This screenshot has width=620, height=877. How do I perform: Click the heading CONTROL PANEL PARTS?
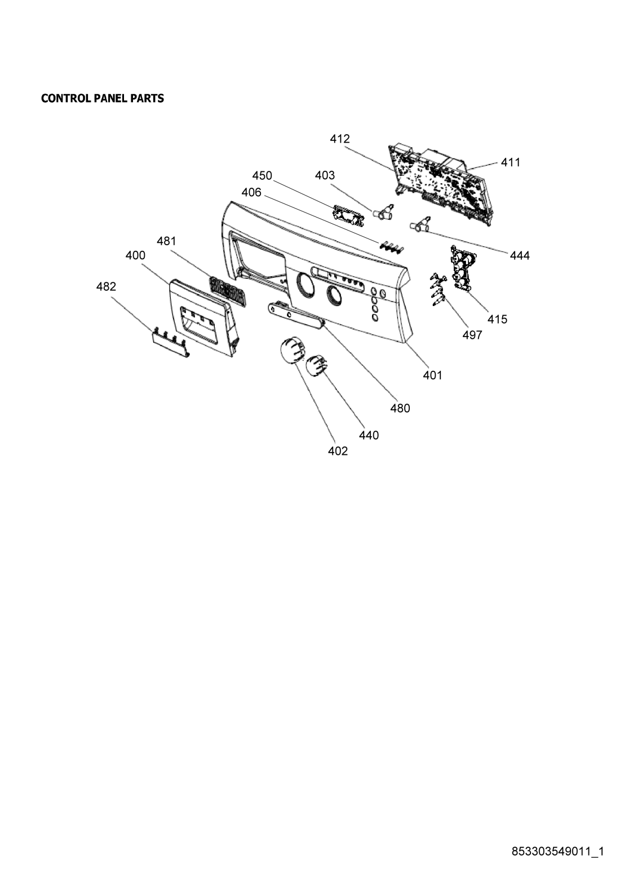(x=103, y=98)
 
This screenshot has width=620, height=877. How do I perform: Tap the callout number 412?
(x=340, y=139)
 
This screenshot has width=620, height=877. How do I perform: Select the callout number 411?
(x=511, y=162)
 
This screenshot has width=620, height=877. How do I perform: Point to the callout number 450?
(x=262, y=175)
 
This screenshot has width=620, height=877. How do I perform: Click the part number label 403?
(x=325, y=175)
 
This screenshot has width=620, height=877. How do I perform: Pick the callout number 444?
(x=520, y=255)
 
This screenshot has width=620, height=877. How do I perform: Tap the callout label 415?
(x=497, y=319)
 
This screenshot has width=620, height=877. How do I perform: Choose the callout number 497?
(x=472, y=335)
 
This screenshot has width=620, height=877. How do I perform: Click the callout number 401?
(x=432, y=375)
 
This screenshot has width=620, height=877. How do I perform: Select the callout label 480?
(x=400, y=408)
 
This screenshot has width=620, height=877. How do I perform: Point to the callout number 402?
(x=338, y=451)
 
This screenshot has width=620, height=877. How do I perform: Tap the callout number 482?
(x=106, y=286)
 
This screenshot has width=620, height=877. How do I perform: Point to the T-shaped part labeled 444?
(x=420, y=224)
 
